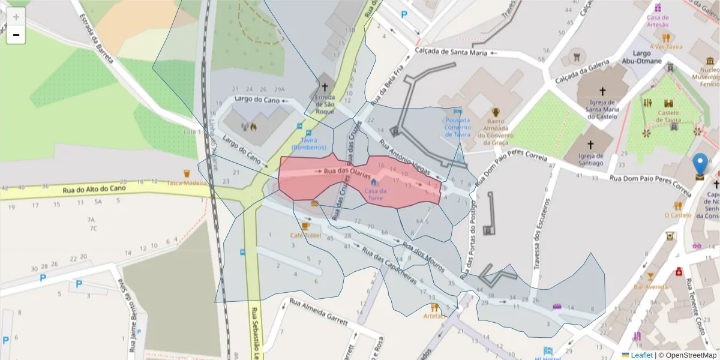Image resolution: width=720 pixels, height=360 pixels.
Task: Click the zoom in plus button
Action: (x=16, y=16)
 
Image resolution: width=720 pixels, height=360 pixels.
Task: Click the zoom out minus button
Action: (x=16, y=35)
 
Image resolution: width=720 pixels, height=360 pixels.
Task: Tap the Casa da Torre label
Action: (x=375, y=194)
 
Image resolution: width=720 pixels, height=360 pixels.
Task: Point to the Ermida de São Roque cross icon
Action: (x=325, y=86)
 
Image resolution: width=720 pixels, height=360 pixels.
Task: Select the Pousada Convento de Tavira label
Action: (x=458, y=127)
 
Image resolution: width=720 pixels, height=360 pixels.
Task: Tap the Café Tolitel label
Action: (x=305, y=235)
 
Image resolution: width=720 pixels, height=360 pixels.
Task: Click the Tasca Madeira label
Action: (x=186, y=182)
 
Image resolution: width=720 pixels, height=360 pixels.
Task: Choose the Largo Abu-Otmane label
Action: (x=641, y=57)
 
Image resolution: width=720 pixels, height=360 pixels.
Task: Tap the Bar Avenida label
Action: (x=651, y=286)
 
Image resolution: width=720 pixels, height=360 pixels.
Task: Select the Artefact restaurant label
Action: (x=434, y=316)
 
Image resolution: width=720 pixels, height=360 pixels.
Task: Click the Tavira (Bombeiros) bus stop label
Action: (x=308, y=143)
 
